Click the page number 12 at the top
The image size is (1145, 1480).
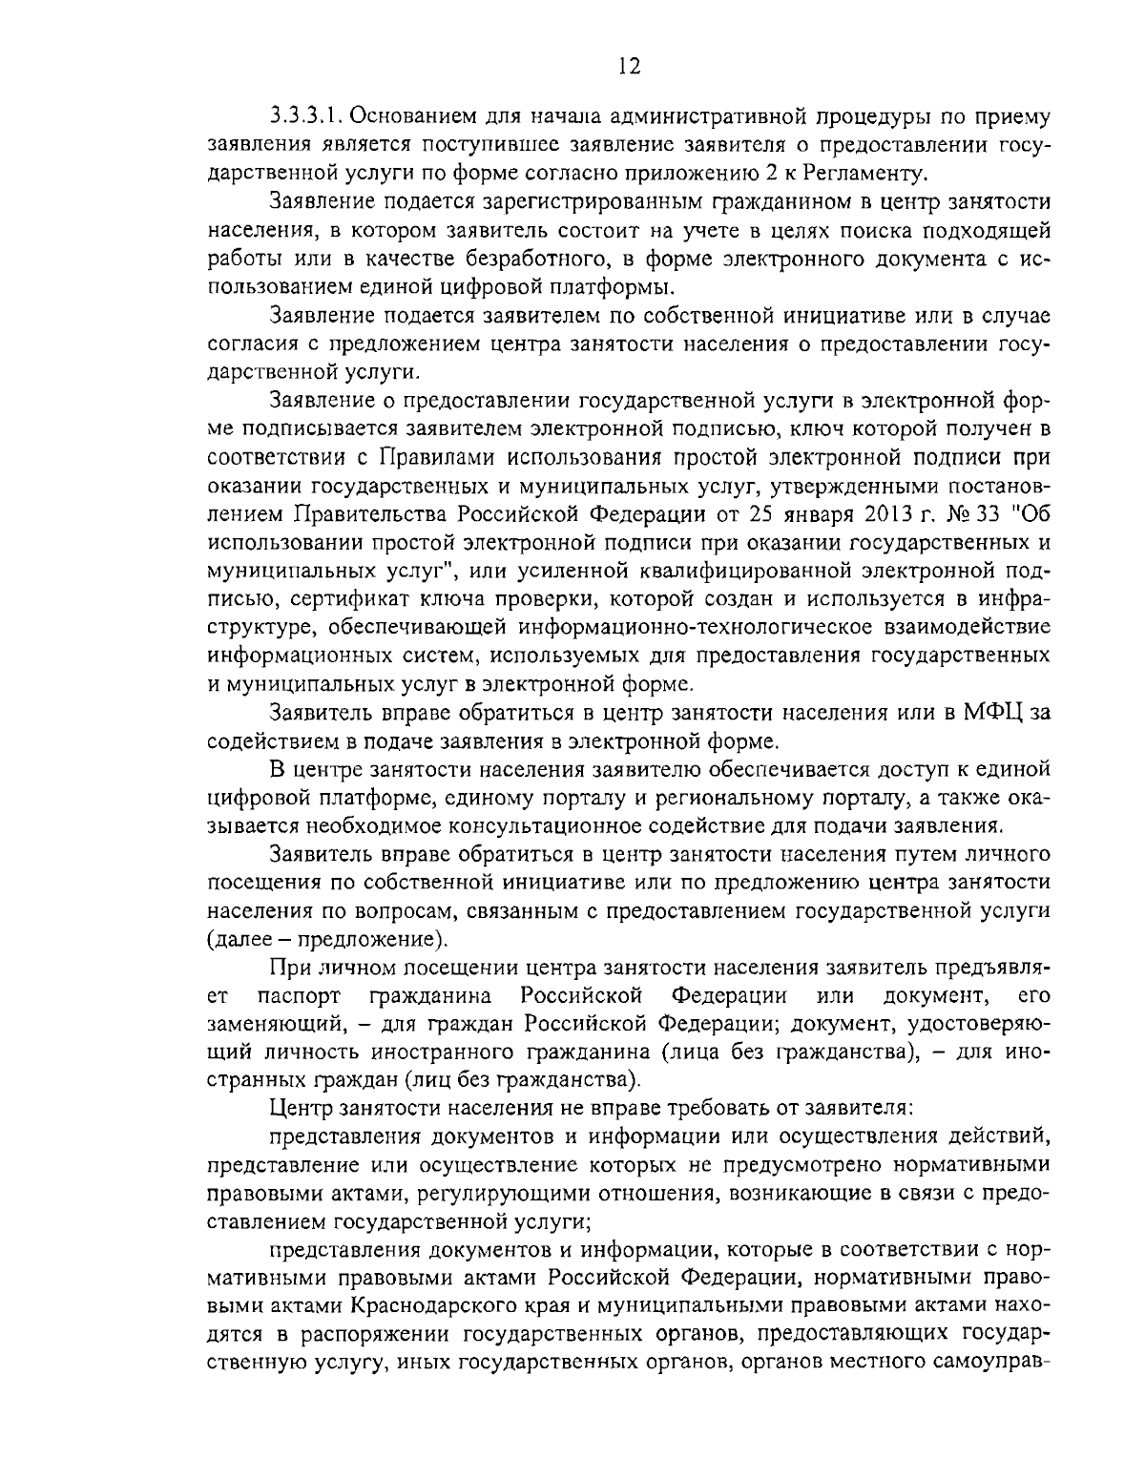629,65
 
